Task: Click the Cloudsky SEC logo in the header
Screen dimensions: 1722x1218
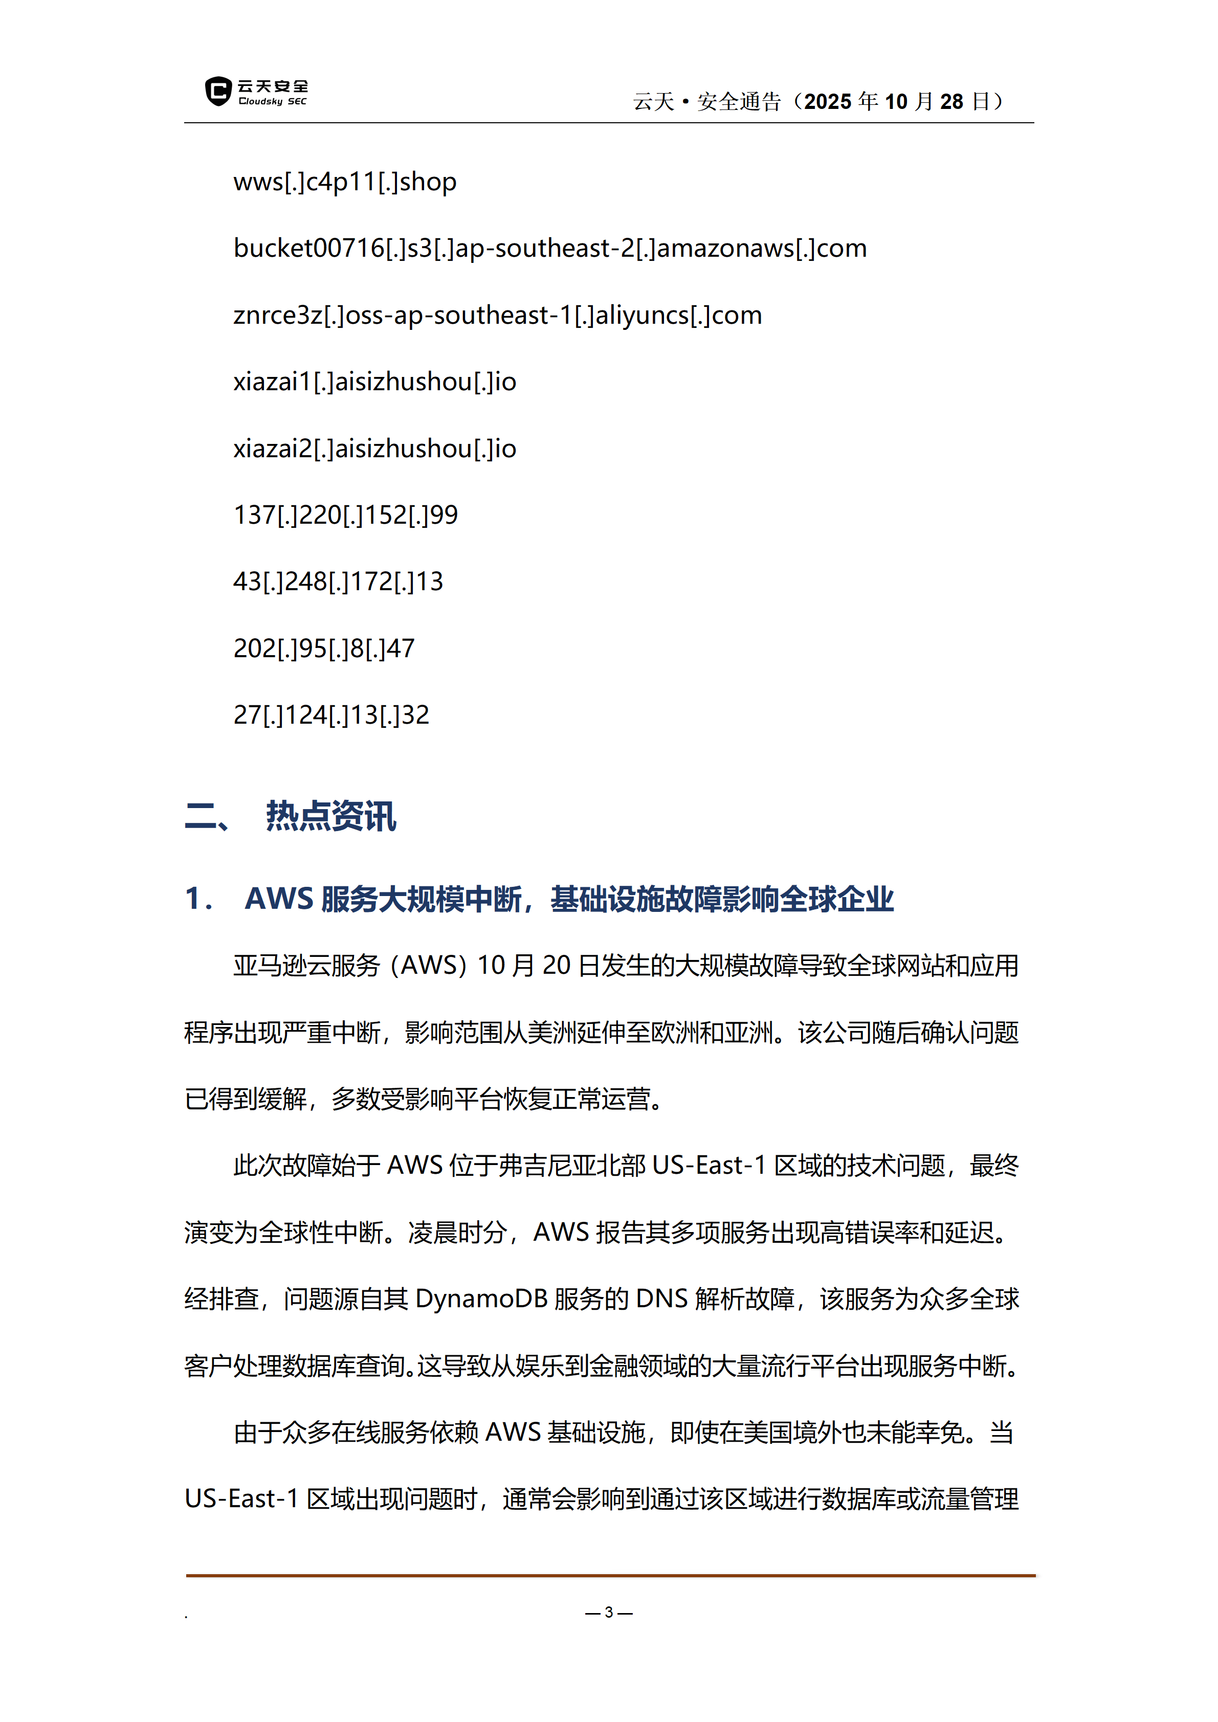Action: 256,92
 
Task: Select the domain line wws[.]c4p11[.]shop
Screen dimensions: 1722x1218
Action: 345,182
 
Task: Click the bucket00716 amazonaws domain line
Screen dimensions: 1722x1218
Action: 550,248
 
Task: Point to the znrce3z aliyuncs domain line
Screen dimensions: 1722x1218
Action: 497,315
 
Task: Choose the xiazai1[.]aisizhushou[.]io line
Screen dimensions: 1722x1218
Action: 374,382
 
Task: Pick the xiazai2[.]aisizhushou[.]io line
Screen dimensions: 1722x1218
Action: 374,449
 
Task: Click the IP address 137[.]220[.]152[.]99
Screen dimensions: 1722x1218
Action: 345,515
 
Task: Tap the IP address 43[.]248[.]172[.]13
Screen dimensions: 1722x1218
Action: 338,582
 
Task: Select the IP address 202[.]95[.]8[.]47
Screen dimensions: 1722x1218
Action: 323,648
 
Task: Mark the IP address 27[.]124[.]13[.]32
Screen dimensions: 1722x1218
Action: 331,715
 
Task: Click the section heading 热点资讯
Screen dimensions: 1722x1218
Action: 331,816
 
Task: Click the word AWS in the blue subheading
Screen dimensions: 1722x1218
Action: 278,899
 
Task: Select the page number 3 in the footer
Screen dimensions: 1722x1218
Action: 609,1612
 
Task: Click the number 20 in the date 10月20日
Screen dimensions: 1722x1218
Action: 557,965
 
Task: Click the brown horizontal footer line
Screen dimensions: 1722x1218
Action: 610,1575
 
